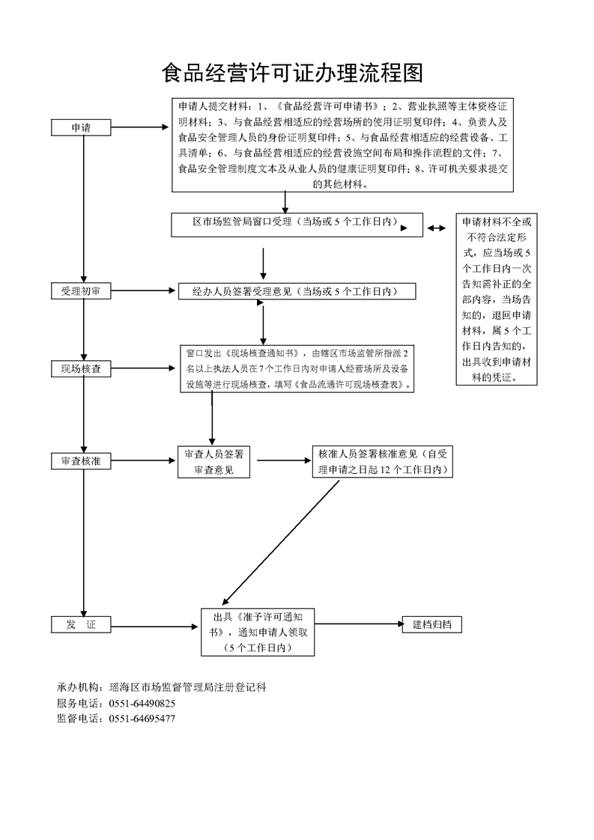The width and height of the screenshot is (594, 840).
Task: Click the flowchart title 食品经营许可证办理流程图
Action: (293, 73)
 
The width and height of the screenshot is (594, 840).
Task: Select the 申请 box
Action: (82, 128)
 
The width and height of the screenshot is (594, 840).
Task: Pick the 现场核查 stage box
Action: (82, 368)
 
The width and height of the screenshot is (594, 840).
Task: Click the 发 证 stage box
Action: (82, 624)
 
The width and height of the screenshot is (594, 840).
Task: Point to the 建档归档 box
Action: (431, 624)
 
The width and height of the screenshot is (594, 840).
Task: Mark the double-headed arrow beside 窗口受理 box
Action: (437, 226)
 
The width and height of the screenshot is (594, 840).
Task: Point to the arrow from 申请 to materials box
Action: (142, 127)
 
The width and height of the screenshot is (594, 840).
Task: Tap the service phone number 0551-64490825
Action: (142, 703)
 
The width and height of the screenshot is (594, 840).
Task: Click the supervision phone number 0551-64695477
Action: (142, 718)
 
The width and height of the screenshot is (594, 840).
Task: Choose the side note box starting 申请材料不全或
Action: (497, 300)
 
